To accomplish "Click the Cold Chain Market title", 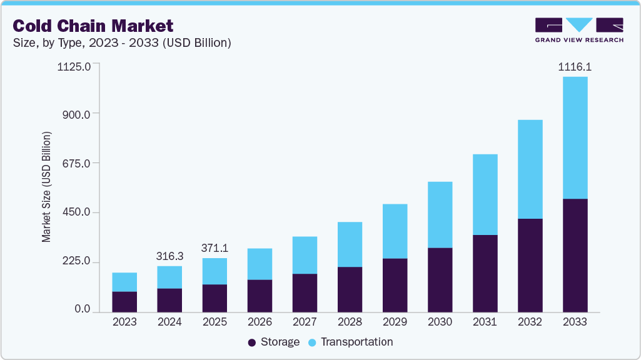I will tap(93, 26).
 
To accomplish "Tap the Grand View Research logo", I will tap(579, 29).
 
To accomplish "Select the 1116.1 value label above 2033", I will tap(575, 66).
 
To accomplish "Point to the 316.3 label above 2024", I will tap(169, 256).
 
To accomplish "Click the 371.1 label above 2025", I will tap(215, 247).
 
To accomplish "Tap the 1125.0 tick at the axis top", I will tap(74, 66).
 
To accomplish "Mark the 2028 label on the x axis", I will tap(350, 322).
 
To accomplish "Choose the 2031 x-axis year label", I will tap(485, 322).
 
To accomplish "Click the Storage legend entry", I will tap(273, 342).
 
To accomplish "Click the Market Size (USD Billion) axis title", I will tap(46, 187).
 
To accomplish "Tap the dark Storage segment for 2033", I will tap(575, 255).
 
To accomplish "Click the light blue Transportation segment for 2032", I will tap(530, 169).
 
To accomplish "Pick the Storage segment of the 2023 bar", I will tap(124, 301).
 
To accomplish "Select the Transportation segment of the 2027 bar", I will tap(305, 255).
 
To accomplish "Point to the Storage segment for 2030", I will tap(440, 279).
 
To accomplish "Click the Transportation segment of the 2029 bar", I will tap(395, 231).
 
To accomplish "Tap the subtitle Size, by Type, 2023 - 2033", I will tap(122, 42).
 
